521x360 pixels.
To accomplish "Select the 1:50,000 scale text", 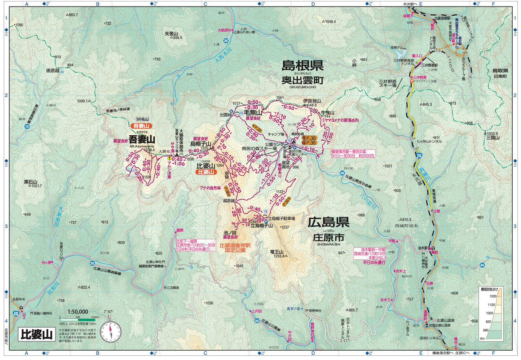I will click(x=78, y=312).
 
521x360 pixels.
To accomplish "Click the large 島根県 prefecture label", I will click(x=303, y=66).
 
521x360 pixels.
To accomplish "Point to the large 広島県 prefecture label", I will click(x=328, y=222).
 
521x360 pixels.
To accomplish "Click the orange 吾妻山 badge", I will click(x=141, y=126).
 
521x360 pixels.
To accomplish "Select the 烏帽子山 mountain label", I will click(x=200, y=144).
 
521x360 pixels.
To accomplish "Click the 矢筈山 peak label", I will click(x=172, y=34).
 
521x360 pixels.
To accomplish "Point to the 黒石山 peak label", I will click(x=31, y=182).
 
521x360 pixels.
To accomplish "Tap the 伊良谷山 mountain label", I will click(x=312, y=101).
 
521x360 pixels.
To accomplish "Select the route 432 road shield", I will click(x=16, y=314).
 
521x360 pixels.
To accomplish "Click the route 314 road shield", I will click(x=419, y=155).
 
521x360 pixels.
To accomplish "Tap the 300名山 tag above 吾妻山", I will click(x=143, y=119).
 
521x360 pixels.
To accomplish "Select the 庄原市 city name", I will click(x=328, y=238).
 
